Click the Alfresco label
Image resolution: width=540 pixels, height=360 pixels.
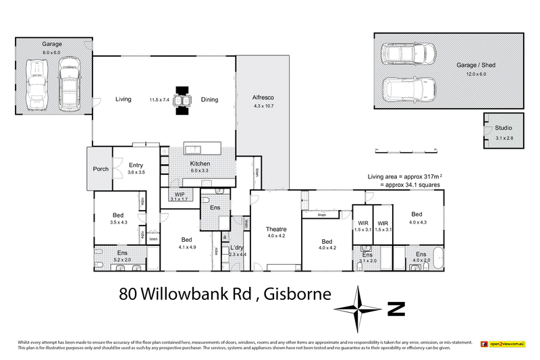click(x=263, y=97)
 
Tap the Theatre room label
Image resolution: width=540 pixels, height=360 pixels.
click(x=276, y=228)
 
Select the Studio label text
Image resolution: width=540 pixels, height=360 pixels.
click(x=504, y=128)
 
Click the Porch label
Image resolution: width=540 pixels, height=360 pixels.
click(x=101, y=169)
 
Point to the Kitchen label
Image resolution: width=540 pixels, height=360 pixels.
click(x=200, y=163)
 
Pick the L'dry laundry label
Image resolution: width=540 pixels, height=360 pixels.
click(x=236, y=247)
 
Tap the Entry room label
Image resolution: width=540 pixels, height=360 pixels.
click(x=136, y=164)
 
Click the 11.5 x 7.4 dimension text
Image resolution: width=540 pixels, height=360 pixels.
click(x=161, y=100)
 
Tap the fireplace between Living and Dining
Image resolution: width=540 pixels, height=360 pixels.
click(x=180, y=100)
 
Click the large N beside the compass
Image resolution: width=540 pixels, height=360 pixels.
click(x=396, y=309)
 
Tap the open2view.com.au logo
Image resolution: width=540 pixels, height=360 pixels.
click(x=502, y=344)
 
